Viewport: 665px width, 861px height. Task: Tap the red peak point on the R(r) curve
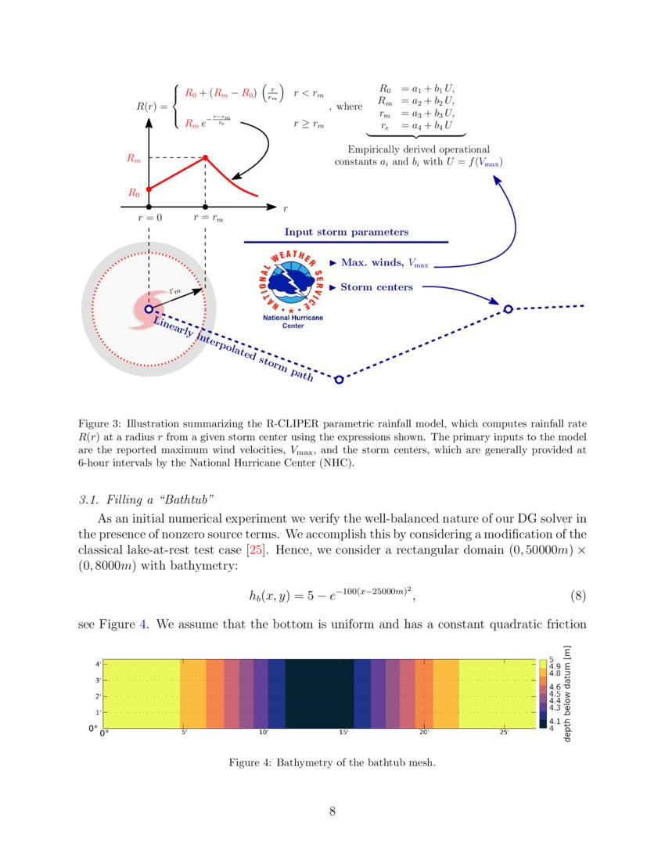coord(205,158)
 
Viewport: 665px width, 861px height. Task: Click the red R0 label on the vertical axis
coord(135,192)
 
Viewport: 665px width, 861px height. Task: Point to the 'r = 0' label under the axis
coord(148,218)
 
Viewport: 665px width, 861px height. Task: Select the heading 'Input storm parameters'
coord(346,232)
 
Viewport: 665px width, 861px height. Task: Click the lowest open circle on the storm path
coord(339,380)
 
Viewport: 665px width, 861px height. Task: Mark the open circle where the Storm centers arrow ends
coord(508,309)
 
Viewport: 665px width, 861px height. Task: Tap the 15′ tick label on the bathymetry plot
coord(343,733)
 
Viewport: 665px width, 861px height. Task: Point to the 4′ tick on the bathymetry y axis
coord(97,664)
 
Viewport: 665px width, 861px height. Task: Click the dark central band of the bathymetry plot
coord(319,693)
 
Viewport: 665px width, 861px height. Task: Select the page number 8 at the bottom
coord(332,812)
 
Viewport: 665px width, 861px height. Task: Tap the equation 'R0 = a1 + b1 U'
coord(416,89)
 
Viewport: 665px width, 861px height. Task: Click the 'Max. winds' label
coord(371,262)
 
